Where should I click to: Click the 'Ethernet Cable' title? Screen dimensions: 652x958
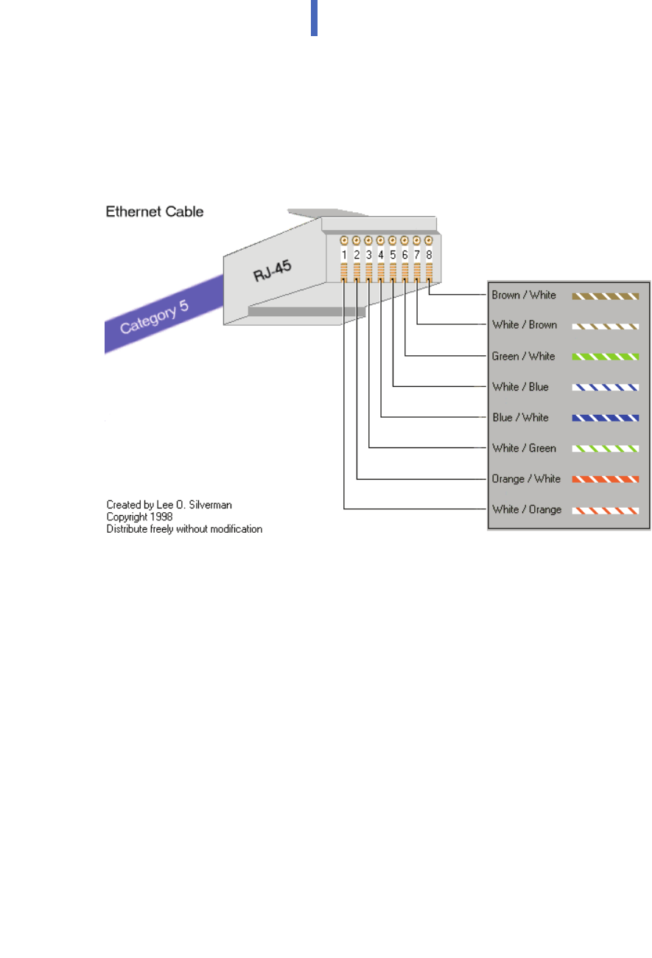pyautogui.click(x=154, y=211)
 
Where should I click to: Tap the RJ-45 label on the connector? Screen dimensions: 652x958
pyautogui.click(x=273, y=270)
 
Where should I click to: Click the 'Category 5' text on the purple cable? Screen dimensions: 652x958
pyautogui.click(x=154, y=316)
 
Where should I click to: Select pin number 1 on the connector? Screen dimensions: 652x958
pyautogui.click(x=344, y=255)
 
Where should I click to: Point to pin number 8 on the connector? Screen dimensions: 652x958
pyautogui.click(x=429, y=255)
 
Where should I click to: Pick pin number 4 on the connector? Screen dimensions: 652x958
pyautogui.click(x=380, y=255)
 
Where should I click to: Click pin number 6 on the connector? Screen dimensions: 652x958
pyautogui.click(x=404, y=255)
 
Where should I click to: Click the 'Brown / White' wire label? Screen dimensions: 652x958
pyautogui.click(x=524, y=295)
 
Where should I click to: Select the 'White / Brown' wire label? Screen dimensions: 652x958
pyautogui.click(x=525, y=324)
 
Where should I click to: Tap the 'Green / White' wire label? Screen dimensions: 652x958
pyautogui.click(x=523, y=356)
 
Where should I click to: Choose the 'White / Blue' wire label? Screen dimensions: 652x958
pyautogui.click(x=520, y=387)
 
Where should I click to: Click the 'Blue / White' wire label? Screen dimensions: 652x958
pyautogui.click(x=520, y=417)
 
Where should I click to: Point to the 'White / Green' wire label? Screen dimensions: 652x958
pyautogui.click(x=524, y=448)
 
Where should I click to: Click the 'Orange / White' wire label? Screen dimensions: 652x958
pyautogui.click(x=526, y=479)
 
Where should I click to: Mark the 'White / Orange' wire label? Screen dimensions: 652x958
pyautogui.click(x=527, y=509)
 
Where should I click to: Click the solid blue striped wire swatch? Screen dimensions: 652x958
pyautogui.click(x=606, y=418)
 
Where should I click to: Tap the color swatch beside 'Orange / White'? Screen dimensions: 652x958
pyautogui.click(x=606, y=480)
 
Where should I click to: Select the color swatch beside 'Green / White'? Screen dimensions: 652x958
pyautogui.click(x=606, y=357)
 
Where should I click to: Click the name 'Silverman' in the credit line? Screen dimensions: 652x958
pyautogui.click(x=211, y=505)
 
